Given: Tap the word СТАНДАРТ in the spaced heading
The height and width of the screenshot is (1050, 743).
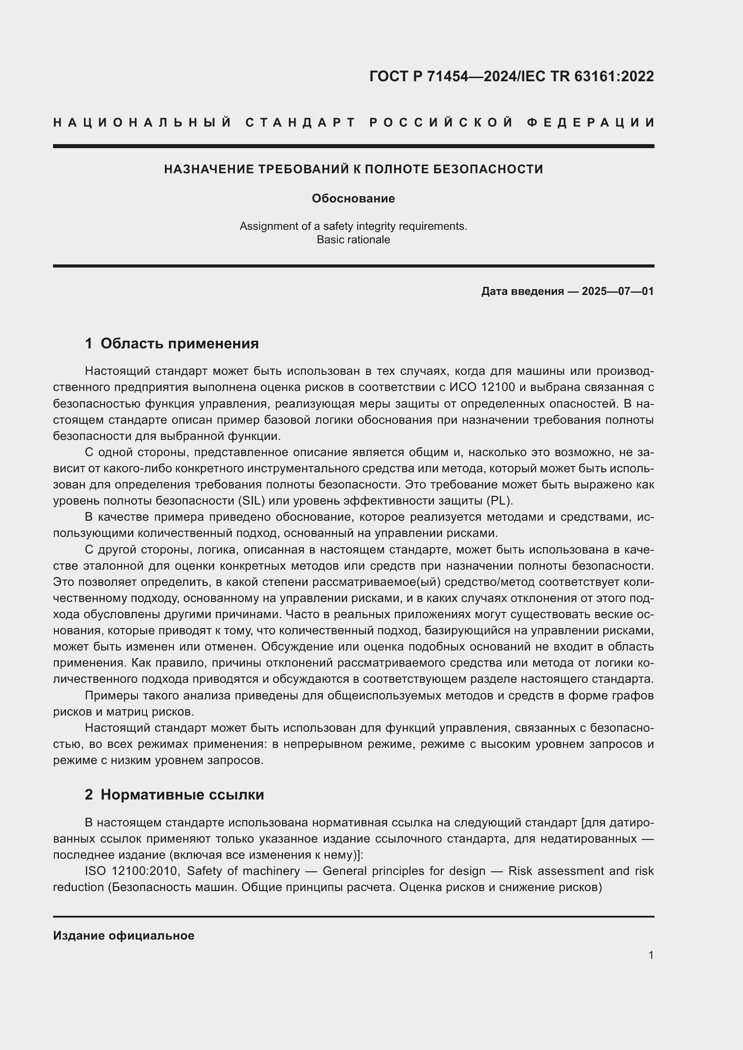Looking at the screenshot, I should point(301,123).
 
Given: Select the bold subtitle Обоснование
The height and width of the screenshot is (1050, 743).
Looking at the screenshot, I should point(353,198).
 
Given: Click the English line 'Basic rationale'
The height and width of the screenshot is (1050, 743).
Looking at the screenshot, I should point(353,240).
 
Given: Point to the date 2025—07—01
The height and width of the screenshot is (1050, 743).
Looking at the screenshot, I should point(618,291).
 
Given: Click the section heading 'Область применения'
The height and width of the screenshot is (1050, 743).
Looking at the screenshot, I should point(179,343).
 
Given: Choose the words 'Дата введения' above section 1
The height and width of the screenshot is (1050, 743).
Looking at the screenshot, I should point(522,291).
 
